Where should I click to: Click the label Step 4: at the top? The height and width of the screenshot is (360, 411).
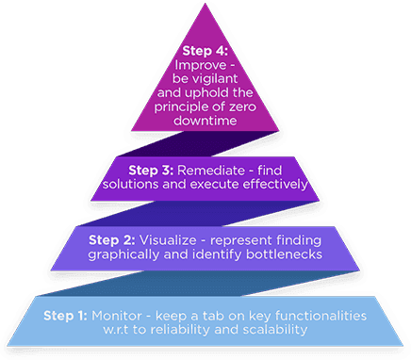coord(205,49)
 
